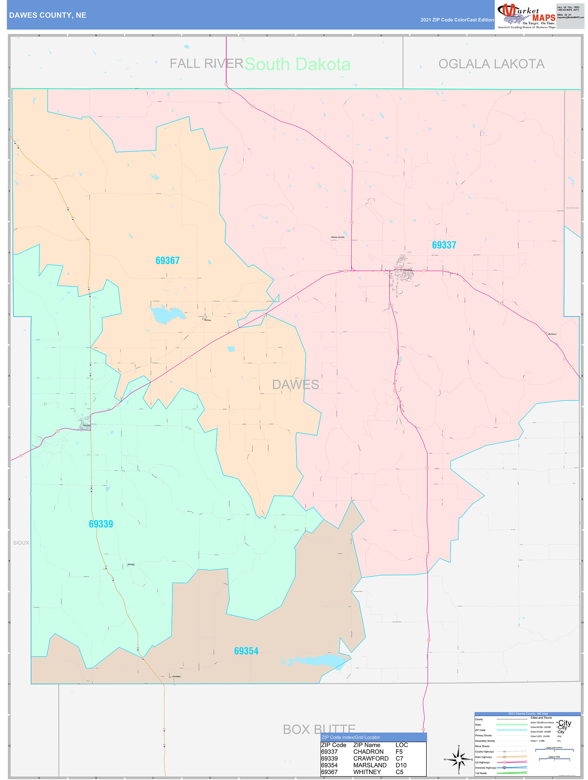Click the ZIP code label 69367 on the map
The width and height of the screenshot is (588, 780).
[167, 261]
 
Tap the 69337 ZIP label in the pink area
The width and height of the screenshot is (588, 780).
[444, 245]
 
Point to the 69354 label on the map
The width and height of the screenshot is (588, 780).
[246, 651]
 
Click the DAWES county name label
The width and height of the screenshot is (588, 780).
[295, 385]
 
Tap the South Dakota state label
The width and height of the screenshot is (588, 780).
[297, 64]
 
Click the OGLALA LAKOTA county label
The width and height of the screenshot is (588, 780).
[491, 64]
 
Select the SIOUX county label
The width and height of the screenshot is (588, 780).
[21, 543]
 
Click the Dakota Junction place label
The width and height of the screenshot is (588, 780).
[338, 237]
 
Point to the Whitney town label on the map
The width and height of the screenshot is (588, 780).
[207, 320]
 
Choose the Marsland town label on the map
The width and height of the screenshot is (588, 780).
[176, 676]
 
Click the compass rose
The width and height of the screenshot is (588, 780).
[459, 760]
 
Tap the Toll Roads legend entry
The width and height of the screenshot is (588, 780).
[481, 773]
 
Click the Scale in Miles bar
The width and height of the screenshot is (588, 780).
[554, 759]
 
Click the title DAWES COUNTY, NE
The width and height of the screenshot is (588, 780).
[48, 15]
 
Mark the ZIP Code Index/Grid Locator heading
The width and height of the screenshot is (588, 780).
[351, 737]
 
